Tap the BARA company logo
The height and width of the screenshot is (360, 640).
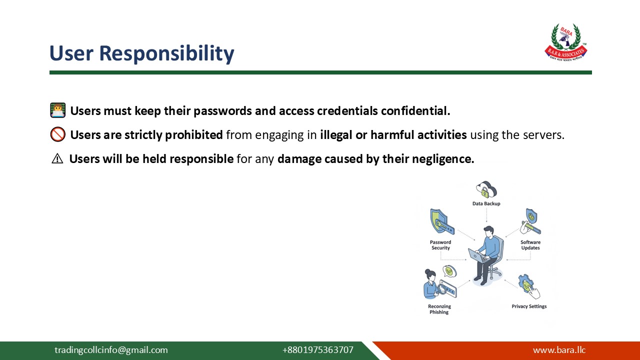click(565, 42)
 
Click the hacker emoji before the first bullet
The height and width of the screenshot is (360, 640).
click(57, 110)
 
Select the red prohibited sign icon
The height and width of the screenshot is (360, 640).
click(57, 134)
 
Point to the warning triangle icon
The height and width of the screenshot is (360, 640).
click(57, 159)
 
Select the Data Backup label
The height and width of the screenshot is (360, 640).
click(486, 203)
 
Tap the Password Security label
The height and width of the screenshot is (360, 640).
click(440, 245)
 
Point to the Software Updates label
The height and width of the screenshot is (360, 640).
click(530, 245)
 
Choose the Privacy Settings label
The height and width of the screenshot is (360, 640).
click(529, 306)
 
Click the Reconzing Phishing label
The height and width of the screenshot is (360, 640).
click(439, 309)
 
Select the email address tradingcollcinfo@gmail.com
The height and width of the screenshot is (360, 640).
click(111, 350)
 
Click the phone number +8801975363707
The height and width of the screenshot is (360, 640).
click(317, 350)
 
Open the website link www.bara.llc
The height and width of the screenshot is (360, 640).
click(559, 350)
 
